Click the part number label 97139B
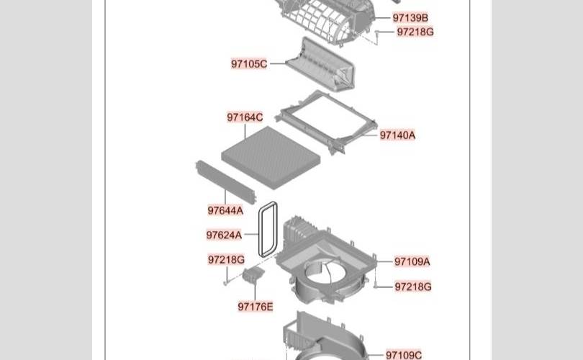click(x=410, y=18)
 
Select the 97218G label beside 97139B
click(x=415, y=32)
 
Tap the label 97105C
click(x=249, y=64)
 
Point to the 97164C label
click(x=245, y=117)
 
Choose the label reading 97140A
click(x=397, y=135)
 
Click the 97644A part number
click(x=225, y=210)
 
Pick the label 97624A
click(x=224, y=235)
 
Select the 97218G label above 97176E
click(x=226, y=260)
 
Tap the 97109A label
click(x=412, y=262)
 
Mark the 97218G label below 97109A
click(x=412, y=287)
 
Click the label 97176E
click(x=255, y=307)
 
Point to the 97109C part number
click(x=403, y=355)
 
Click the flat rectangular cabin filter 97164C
click(x=271, y=157)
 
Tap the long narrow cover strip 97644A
click(x=226, y=182)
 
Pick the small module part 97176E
click(x=253, y=274)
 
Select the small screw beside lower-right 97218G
click(x=376, y=287)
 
